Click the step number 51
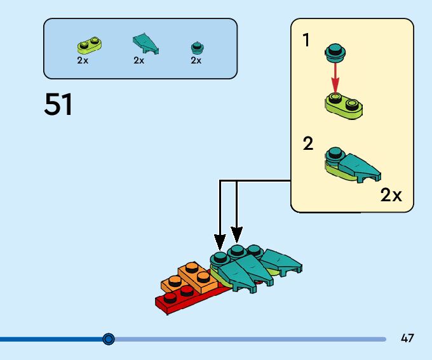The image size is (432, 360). click(58, 105)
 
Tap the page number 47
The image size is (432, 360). click(407, 338)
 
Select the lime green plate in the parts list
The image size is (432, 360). click(89, 45)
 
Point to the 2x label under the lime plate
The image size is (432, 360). click(83, 60)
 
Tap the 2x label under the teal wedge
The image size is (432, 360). click(139, 60)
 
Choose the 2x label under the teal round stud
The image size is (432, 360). click(196, 60)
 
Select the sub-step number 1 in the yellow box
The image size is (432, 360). click(307, 41)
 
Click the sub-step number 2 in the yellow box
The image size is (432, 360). click(308, 143)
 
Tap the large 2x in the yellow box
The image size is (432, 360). click(391, 195)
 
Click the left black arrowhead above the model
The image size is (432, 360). click(220, 242)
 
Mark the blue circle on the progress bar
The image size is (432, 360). click(109, 339)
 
